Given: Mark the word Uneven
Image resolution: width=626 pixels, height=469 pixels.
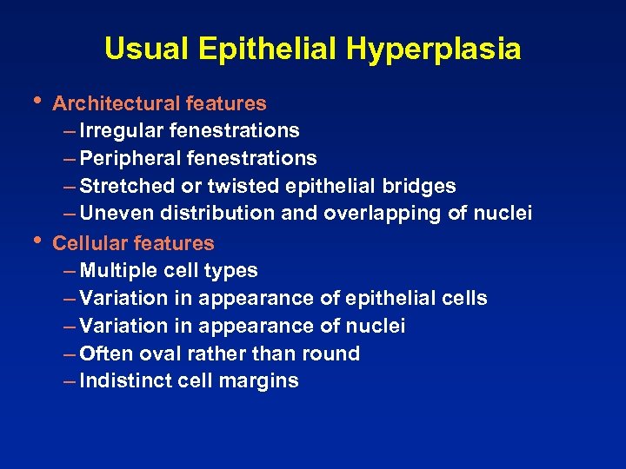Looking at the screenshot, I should tap(112, 214).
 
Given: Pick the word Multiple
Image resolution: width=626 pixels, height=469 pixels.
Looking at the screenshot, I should tap(115, 271).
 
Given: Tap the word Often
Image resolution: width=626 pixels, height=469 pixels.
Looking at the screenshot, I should tap(103, 353).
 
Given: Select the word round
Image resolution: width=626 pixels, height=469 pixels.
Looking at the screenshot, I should tap(330, 353).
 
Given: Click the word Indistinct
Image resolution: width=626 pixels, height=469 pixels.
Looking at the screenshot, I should tap(122, 381).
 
